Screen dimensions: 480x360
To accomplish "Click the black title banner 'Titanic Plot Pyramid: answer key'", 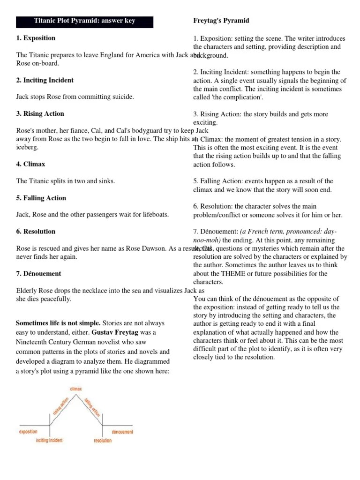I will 85,22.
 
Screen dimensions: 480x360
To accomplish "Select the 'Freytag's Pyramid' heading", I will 221,21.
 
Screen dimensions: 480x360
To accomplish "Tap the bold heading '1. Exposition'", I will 36,38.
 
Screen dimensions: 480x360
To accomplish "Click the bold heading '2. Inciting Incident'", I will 45,80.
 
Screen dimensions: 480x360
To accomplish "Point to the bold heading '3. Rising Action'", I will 40,113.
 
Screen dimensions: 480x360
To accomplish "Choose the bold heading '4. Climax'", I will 31,164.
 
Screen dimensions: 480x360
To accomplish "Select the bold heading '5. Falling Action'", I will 41,198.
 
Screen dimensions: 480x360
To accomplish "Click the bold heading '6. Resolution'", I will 36,231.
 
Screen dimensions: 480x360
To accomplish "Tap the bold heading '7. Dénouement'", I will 38,273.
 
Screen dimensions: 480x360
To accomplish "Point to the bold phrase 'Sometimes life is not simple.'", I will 58,323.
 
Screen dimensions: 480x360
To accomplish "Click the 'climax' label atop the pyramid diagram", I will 76,389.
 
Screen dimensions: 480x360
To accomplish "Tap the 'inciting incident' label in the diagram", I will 49,441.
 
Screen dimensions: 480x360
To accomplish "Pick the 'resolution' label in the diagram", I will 103,441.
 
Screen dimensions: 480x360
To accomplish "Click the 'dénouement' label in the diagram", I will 122,432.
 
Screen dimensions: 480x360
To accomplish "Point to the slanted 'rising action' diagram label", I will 61,405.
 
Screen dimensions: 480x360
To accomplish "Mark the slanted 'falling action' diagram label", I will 92,406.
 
